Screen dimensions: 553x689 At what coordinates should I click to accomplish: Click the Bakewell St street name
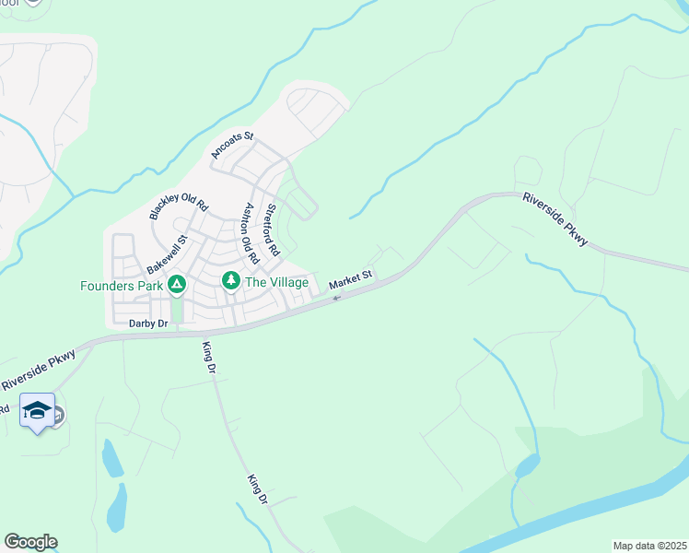pos(167,255)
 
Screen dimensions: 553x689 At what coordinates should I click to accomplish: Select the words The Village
pos(275,281)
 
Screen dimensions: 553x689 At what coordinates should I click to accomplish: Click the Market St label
pos(350,276)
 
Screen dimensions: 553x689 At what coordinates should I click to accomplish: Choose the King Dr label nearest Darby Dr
pos(209,357)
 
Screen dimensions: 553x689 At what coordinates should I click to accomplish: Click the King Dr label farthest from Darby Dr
pos(257,488)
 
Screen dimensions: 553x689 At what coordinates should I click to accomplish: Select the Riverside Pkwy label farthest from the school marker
pos(555,218)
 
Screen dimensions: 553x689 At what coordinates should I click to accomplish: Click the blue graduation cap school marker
pos(37,411)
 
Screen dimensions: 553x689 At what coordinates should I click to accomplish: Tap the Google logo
pos(29,542)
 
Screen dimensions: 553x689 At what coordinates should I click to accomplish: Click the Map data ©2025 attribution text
pos(648,546)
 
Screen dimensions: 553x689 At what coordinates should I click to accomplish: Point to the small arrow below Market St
pos(336,297)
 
